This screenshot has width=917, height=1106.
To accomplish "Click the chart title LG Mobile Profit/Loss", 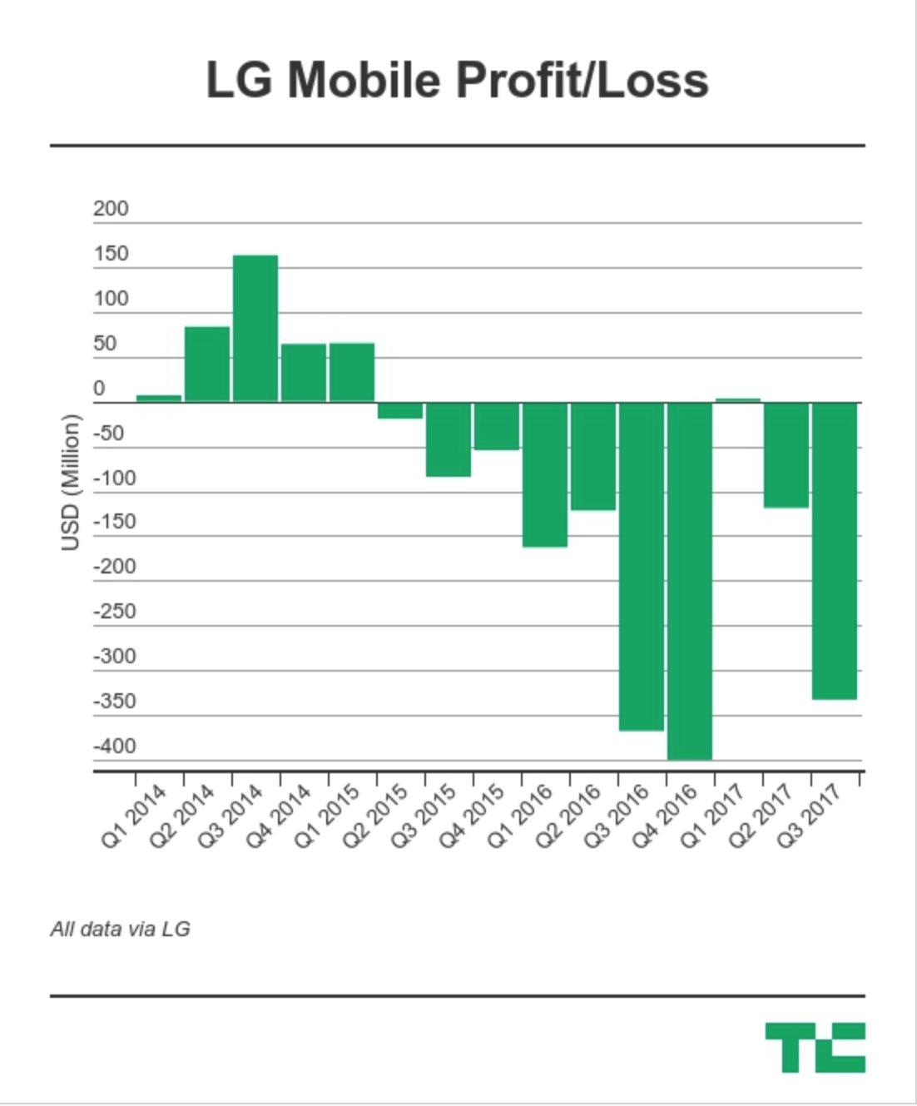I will tap(457, 81).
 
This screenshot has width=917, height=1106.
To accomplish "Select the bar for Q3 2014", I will tap(255, 329).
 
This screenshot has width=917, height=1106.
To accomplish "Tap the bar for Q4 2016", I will tap(690, 580).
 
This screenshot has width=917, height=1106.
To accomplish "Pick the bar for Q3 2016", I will tap(642, 566).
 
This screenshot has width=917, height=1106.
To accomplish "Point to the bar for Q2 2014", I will tap(207, 365).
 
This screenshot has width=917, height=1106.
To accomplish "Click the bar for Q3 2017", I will tap(835, 550).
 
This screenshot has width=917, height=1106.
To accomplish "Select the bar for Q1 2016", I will tap(545, 474).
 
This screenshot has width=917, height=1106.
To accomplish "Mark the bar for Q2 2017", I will tap(786, 454).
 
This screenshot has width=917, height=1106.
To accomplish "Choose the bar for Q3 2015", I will tap(449, 439).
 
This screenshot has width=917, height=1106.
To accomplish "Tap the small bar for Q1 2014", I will tap(159, 399).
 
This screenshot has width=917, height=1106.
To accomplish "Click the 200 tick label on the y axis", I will tap(111, 209).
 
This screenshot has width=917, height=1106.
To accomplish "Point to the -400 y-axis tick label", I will tap(114, 746).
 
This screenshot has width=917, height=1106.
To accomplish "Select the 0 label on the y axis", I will tap(99, 389).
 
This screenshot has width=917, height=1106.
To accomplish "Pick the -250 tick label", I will tap(114, 612).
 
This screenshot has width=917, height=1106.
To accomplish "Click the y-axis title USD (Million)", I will tap(71, 483).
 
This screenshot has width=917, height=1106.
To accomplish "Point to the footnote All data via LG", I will tap(121, 929).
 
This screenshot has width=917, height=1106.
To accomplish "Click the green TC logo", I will tap(815, 1047).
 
